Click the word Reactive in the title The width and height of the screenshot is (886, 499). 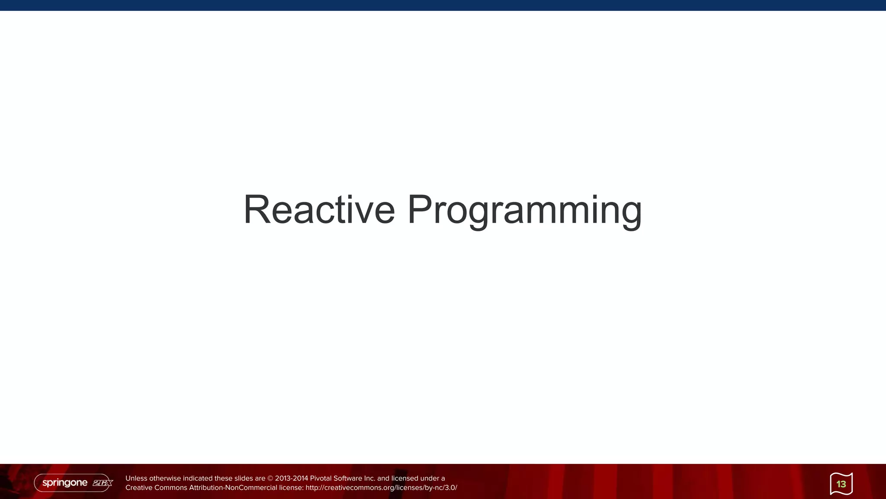pyautogui.click(x=319, y=210)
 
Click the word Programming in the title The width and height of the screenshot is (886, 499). pyautogui.click(x=524, y=210)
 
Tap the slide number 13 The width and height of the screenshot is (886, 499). pyautogui.click(x=841, y=484)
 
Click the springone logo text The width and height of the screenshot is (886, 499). pyautogui.click(x=65, y=483)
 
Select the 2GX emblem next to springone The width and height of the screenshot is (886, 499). pyautogui.click(x=103, y=483)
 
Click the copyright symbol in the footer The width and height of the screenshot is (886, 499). pyautogui.click(x=270, y=479)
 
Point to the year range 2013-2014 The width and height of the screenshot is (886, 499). pyautogui.click(x=292, y=479)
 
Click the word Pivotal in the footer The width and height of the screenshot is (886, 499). pyautogui.click(x=321, y=479)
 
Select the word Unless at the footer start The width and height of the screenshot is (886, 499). pyautogui.click(x=136, y=479)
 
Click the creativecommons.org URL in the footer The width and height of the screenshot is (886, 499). pyautogui.click(x=381, y=488)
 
